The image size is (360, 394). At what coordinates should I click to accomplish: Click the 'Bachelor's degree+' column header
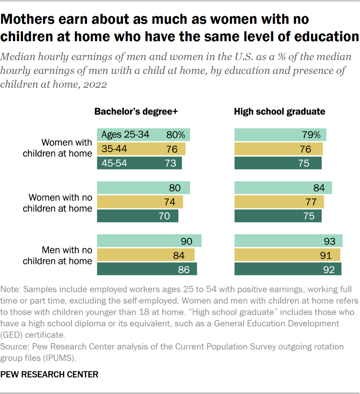tap(136, 111)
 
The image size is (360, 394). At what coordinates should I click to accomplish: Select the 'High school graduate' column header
tap(279, 111)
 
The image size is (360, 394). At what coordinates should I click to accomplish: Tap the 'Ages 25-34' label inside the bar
tap(125, 135)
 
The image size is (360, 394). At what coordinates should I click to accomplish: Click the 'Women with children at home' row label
tap(66, 148)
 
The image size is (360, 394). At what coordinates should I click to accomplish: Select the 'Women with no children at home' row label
tap(60, 203)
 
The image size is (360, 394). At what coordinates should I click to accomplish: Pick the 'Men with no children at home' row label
tap(66, 255)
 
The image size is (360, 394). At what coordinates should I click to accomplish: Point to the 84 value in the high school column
tap(319, 188)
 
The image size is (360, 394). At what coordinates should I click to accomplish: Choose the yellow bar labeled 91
tap(287, 255)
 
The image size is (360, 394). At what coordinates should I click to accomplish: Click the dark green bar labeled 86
tap(147, 269)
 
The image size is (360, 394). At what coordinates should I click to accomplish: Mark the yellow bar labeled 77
tap(279, 202)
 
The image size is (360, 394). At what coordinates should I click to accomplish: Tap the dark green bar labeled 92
tap(288, 269)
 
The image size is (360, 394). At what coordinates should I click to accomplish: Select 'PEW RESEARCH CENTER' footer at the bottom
tap(49, 375)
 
